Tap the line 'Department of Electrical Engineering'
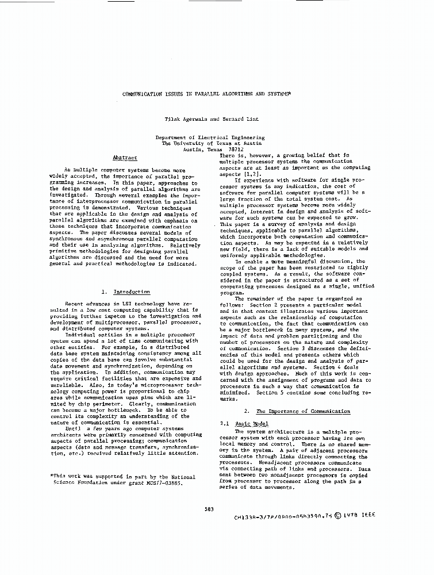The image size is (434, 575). point(210,137)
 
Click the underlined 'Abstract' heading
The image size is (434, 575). point(125,157)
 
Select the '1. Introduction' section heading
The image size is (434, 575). point(125,292)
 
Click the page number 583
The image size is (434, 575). point(209,508)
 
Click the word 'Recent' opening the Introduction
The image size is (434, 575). point(74,303)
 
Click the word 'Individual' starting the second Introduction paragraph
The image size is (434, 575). point(79,334)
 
